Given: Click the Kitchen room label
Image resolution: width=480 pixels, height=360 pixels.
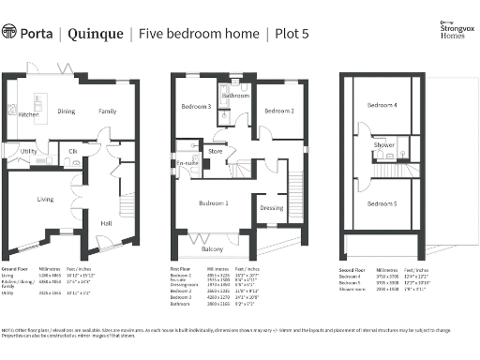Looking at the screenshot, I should [x=28, y=115].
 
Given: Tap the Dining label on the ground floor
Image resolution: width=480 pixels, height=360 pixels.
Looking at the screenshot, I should [x=66, y=112].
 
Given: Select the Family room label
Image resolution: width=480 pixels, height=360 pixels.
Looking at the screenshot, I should [x=109, y=112].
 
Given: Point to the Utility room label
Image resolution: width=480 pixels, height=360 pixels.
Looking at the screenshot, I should [x=28, y=151].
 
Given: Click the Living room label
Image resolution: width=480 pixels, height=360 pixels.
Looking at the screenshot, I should [x=45, y=199].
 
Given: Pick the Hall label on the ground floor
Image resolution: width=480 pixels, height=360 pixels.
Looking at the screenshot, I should [x=106, y=223].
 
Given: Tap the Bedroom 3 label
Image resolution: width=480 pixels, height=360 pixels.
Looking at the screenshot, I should [x=195, y=106].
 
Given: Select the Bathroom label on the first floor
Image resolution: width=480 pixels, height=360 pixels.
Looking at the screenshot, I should [x=235, y=96].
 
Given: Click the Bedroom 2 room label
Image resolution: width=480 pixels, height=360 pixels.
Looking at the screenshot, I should [x=279, y=112].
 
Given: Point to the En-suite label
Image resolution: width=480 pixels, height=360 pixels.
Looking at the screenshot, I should [x=187, y=164].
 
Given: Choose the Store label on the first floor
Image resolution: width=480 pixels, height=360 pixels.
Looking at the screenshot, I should [x=216, y=150].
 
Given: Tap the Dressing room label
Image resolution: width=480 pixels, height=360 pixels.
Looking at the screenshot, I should [x=272, y=208].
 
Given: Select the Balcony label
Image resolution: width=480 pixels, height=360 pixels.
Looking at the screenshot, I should [x=213, y=249].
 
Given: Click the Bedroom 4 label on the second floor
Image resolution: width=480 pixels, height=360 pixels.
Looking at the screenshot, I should [x=382, y=105].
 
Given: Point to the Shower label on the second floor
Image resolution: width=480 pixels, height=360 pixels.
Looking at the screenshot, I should [x=383, y=145].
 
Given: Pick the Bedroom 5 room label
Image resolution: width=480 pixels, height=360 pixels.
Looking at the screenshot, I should [x=382, y=203].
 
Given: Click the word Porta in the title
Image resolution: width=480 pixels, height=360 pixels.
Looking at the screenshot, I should [x=38, y=34].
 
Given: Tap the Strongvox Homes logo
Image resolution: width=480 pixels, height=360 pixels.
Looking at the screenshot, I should [x=451, y=32].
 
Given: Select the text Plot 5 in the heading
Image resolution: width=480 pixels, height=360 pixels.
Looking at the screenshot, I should [x=294, y=34].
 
